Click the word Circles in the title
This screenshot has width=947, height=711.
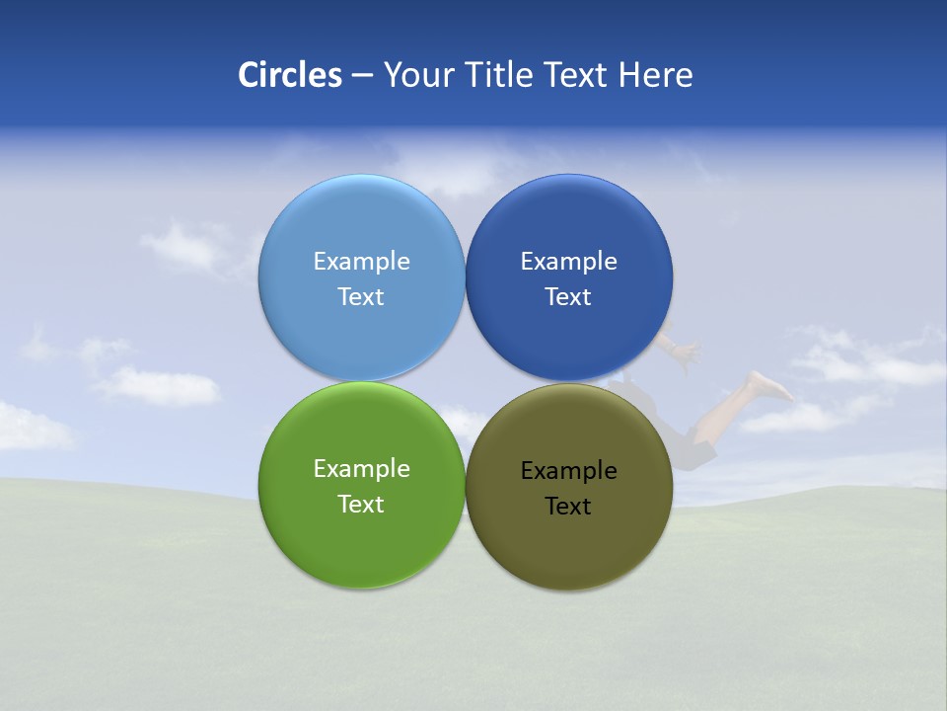[289, 75]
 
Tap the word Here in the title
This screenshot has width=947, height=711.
[655, 75]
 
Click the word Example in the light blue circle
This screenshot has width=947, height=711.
[361, 261]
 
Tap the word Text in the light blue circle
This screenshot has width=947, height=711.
[361, 296]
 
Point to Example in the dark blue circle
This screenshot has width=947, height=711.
[568, 261]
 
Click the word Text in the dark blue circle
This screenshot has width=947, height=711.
[568, 296]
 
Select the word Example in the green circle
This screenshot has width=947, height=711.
[361, 468]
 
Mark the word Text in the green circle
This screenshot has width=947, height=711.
[361, 504]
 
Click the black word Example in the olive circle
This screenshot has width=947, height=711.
[568, 470]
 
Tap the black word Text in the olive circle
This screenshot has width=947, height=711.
[568, 506]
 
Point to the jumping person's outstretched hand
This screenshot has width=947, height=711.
[686, 351]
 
